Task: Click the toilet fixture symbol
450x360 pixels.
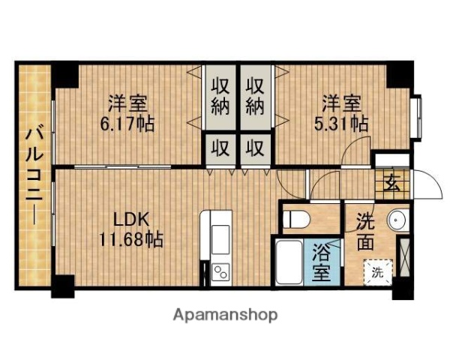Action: point(298,219)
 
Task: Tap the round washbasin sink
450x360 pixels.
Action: point(397,220)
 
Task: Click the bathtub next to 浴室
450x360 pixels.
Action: point(289,262)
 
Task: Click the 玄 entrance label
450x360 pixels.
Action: point(391,182)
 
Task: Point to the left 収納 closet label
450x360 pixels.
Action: point(219,95)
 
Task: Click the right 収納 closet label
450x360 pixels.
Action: point(255,95)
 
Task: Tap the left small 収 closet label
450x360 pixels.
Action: point(220,146)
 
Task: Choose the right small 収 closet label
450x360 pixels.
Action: point(255,146)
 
